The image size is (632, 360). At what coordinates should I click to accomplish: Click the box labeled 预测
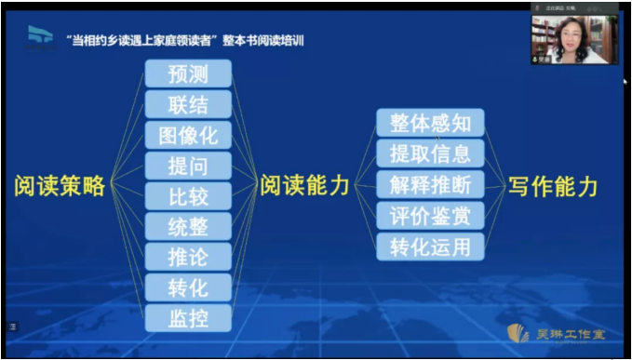[x=188, y=73]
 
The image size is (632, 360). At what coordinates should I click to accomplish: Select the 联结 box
[x=188, y=104]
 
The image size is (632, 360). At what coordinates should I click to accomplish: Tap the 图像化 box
[x=188, y=135]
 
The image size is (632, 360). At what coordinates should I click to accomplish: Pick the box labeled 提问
[x=188, y=166]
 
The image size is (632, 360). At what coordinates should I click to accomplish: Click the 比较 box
[x=188, y=196]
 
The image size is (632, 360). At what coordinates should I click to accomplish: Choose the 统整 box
[x=188, y=226]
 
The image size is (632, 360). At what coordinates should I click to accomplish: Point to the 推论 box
[x=188, y=256]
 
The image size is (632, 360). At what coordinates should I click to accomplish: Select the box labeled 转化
[x=188, y=287]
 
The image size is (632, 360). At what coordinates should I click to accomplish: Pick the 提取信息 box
[x=430, y=153]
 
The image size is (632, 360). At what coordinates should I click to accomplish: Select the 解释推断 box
[x=430, y=184]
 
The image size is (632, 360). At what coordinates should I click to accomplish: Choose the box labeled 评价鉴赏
[x=430, y=215]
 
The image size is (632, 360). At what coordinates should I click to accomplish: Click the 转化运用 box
[x=430, y=246]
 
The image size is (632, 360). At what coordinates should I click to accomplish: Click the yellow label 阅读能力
[x=304, y=185]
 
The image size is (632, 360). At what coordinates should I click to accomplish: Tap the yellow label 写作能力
[x=553, y=185]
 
